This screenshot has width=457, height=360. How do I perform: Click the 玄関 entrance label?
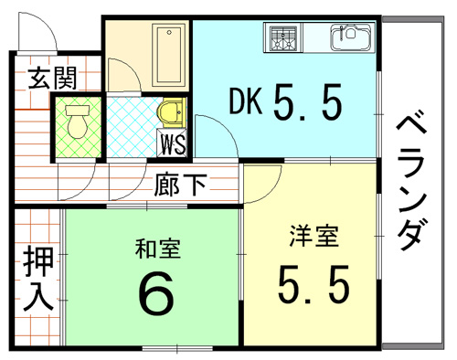(52, 79)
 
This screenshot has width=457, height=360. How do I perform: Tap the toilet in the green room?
(78, 122)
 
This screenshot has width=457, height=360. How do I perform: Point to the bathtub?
(169, 55)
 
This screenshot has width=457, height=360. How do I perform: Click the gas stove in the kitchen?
(283, 37)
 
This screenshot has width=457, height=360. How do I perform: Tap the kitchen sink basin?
(351, 37)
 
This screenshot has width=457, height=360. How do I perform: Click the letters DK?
(246, 101)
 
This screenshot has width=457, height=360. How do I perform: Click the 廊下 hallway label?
(180, 185)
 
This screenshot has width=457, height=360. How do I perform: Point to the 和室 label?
(158, 249)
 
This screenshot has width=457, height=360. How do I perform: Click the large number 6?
(155, 292)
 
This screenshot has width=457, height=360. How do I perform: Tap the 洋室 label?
(314, 236)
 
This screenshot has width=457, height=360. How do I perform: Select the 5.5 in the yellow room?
(314, 284)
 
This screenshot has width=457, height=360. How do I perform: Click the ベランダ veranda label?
(410, 184)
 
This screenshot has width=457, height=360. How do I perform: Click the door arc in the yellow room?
(272, 192)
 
